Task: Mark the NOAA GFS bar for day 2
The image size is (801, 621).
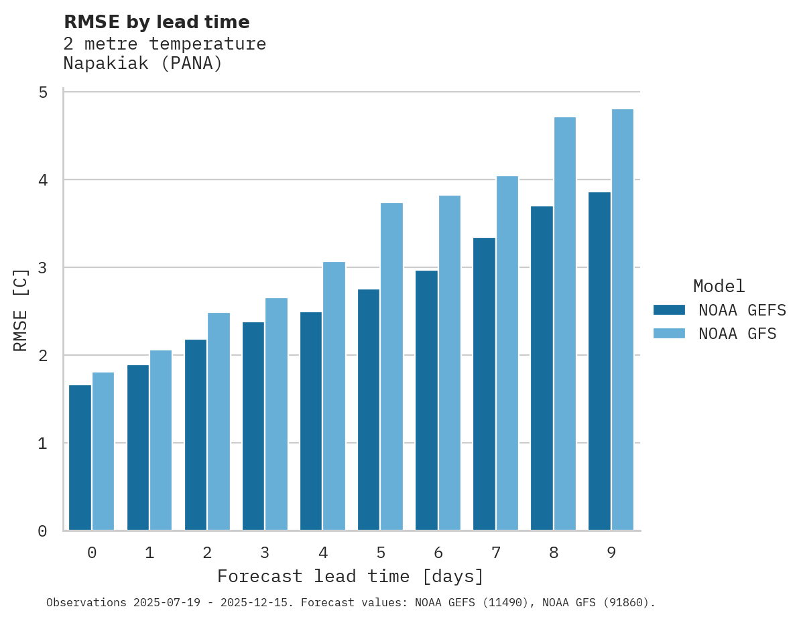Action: click(x=219, y=421)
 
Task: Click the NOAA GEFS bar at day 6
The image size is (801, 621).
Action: click(x=426, y=400)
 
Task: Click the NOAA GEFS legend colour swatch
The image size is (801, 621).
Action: click(x=669, y=310)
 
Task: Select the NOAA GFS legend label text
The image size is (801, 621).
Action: click(x=737, y=334)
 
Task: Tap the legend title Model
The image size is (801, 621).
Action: click(x=719, y=287)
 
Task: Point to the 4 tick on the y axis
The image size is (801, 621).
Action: click(x=43, y=180)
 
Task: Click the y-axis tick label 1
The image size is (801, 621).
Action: click(x=43, y=443)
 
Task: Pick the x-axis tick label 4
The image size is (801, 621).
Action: click(x=323, y=553)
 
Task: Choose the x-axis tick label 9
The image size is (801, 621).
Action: click(x=611, y=553)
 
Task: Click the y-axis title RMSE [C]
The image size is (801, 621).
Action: click(x=21, y=309)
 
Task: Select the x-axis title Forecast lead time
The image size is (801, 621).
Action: click(x=350, y=577)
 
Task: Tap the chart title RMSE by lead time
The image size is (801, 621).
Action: click(x=157, y=22)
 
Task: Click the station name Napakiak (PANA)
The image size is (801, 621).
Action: click(x=143, y=64)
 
